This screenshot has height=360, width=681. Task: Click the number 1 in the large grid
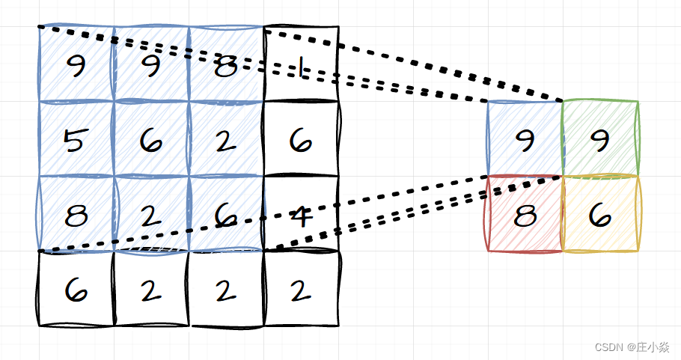click(301, 70)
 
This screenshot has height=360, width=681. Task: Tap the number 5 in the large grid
click(75, 140)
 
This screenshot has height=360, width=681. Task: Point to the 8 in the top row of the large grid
click(225, 68)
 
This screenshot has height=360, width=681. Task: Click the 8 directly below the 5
click(75, 216)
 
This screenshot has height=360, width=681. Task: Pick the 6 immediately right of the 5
click(150, 141)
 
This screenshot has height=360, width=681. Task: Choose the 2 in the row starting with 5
click(225, 141)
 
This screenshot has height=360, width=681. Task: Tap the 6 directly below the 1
click(301, 141)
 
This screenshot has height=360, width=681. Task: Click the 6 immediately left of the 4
click(225, 216)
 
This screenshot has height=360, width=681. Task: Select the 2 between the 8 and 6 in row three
click(150, 216)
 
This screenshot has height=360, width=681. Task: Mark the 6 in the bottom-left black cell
click(75, 290)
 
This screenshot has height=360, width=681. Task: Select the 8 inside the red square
click(525, 216)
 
